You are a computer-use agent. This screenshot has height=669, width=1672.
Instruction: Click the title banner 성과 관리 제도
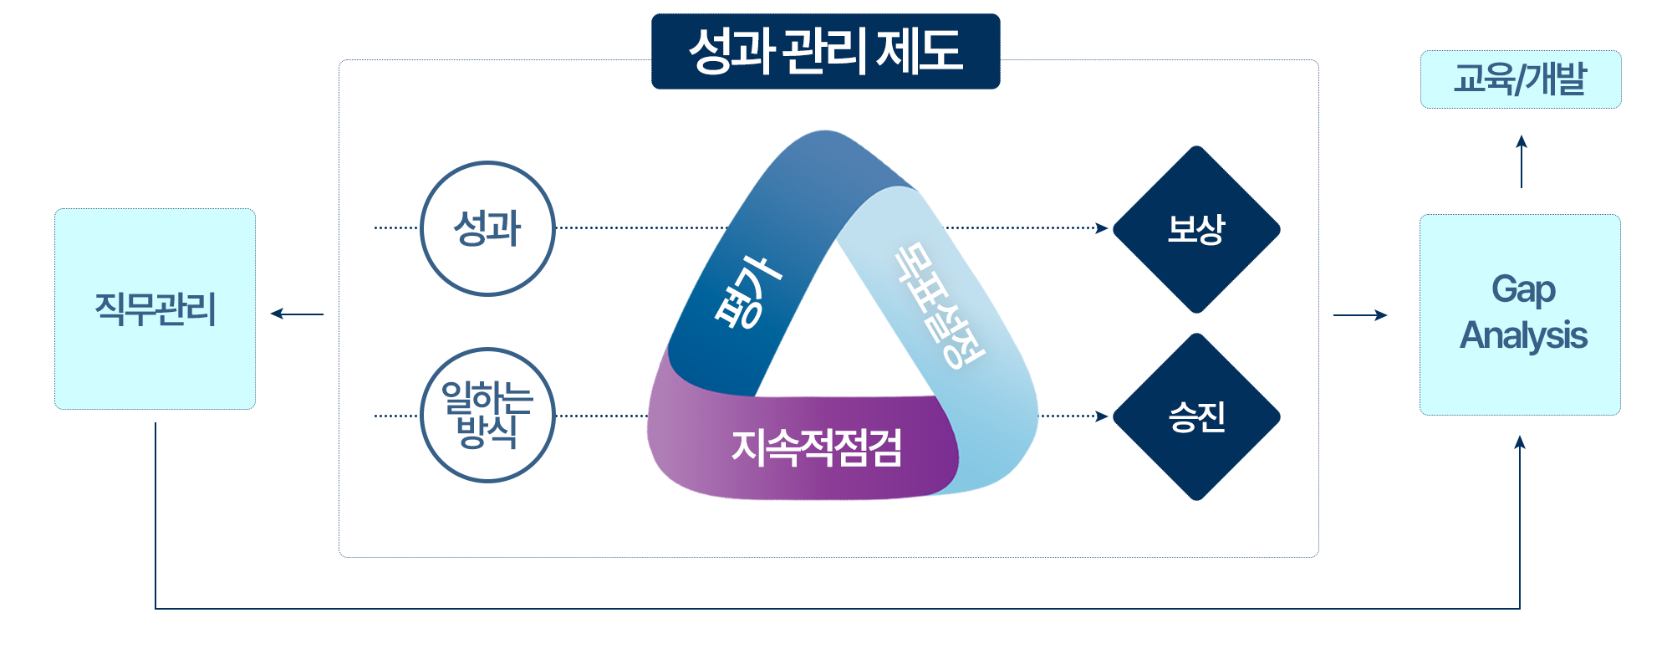point(825,51)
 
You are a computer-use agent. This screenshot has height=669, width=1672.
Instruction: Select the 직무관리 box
point(155,309)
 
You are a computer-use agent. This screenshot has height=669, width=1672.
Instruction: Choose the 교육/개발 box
point(1520,79)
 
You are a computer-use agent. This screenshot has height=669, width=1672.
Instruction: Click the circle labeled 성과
point(487,228)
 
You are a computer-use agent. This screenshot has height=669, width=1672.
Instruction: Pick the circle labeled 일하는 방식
point(487,415)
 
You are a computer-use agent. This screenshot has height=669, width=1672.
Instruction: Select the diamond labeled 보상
point(1196,229)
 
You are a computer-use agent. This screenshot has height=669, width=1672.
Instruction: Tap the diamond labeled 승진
point(1196,416)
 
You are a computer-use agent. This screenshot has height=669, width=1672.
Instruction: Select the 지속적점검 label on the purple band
point(816,447)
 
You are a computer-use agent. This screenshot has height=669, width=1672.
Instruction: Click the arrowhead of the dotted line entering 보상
point(1103,227)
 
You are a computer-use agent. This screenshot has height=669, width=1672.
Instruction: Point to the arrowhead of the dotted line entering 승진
point(1103,416)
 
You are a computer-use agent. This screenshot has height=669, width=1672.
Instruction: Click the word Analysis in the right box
point(1523,336)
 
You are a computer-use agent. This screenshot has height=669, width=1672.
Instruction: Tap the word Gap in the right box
point(1523,290)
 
